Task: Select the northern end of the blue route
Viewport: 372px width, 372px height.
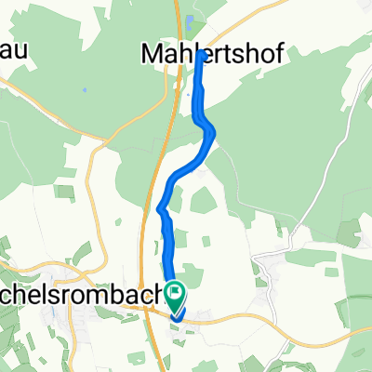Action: [x=202, y=54]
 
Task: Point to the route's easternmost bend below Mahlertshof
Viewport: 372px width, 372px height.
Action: [x=215, y=133]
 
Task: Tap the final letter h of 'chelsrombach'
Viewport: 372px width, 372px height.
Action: [x=156, y=299]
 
